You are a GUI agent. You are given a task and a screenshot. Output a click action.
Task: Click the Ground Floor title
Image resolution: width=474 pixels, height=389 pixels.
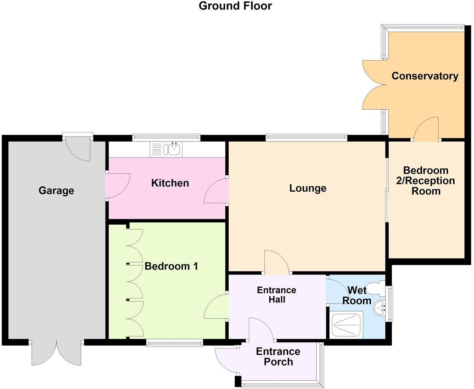[235, 6]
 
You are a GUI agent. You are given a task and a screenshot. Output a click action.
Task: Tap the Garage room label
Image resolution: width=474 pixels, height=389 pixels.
[56, 191]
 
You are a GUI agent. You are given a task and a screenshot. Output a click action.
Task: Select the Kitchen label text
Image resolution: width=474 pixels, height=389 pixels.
[170, 183]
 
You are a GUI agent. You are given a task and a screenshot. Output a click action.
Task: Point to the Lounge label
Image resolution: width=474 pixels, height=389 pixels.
[308, 188]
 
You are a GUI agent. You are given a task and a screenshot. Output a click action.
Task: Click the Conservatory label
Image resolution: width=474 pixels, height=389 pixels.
[425, 76]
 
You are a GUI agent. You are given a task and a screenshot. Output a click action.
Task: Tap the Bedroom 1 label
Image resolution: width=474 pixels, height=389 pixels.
[171, 266]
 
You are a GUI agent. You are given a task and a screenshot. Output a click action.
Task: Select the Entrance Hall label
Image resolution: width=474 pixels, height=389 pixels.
[276, 295]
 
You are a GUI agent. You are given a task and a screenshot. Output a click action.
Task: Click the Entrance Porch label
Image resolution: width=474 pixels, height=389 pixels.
[278, 357]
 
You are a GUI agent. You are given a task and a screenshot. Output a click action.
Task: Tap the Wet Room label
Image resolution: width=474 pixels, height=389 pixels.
[357, 296]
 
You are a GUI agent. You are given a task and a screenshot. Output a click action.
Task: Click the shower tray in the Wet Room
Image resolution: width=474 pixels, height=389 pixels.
[346, 324]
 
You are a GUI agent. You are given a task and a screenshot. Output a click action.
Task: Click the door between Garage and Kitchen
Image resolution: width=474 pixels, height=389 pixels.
[118, 186]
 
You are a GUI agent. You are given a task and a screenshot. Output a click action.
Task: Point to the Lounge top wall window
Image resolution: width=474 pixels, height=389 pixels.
[306, 138]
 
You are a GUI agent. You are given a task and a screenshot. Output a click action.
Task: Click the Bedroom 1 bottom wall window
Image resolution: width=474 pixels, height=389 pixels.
[174, 343]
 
